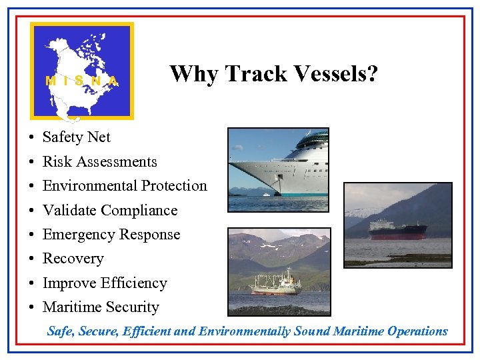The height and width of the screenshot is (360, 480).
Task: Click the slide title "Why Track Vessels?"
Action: (x=273, y=73)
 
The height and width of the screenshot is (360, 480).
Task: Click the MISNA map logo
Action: (x=82, y=71)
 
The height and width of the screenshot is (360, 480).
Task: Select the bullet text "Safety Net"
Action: (x=76, y=137)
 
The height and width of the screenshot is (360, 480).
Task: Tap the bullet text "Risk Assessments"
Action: (x=99, y=162)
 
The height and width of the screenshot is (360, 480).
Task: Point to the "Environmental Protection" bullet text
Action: (x=125, y=186)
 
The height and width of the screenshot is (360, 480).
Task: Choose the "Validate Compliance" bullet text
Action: (x=110, y=211)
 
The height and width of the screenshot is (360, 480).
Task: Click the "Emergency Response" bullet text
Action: (x=111, y=235)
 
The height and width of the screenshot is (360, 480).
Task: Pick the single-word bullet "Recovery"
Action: (x=73, y=259)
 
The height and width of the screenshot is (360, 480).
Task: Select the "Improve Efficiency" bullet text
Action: (x=105, y=283)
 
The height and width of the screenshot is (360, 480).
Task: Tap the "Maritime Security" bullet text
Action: (x=101, y=307)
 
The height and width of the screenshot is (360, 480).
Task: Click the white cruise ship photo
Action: (x=278, y=169)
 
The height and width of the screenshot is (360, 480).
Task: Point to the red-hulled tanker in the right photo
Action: (x=398, y=230)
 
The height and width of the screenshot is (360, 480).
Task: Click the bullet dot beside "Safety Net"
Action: (x=31, y=138)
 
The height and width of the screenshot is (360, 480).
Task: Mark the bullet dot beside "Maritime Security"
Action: (x=31, y=308)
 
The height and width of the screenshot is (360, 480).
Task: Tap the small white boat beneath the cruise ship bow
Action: (x=267, y=194)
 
